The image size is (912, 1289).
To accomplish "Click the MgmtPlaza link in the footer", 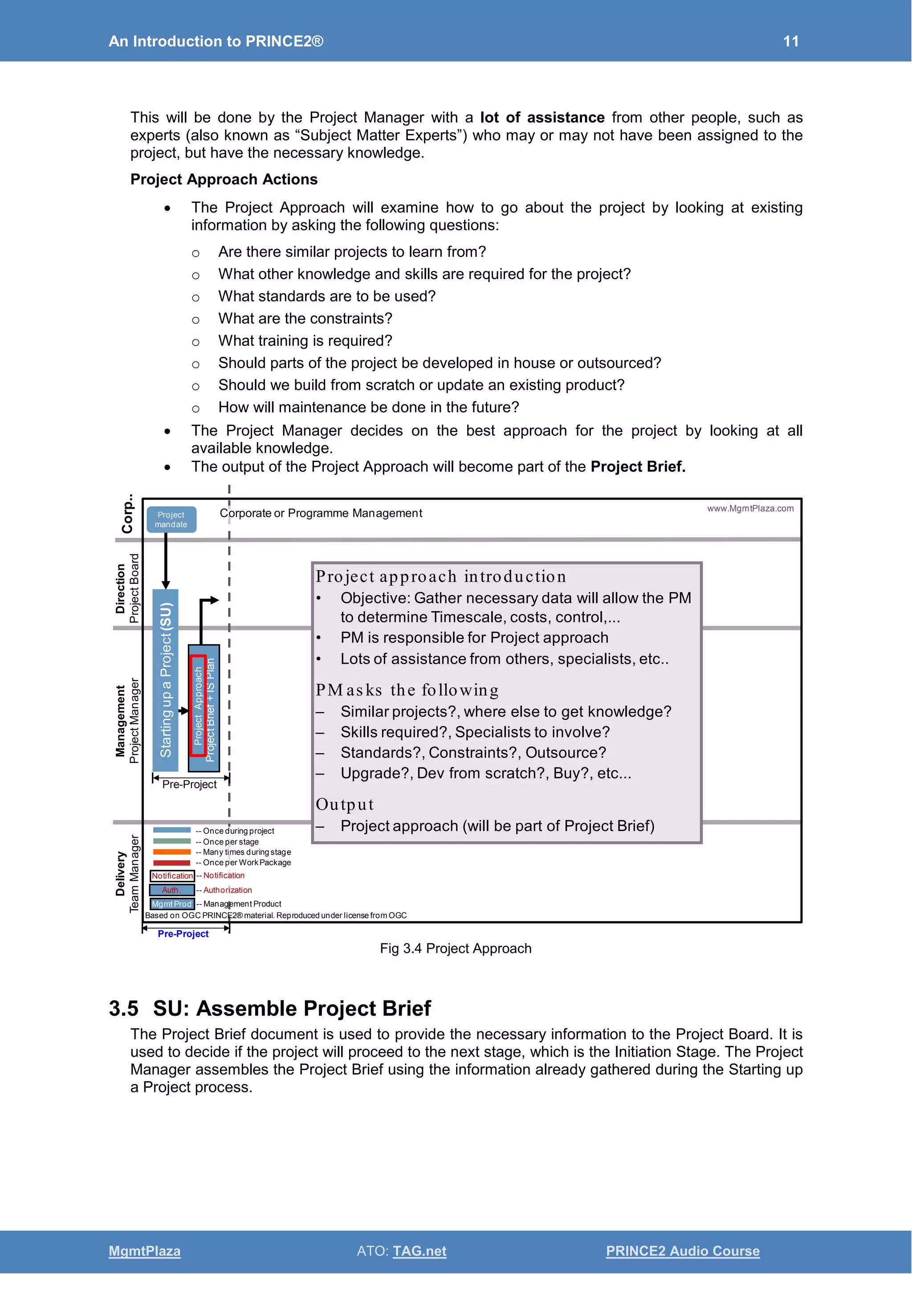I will click(144, 1251).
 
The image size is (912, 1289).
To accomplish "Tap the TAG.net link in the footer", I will click(419, 1251).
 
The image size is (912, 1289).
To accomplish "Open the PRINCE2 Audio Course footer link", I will click(682, 1251).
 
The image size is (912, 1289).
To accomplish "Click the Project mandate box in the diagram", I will click(171, 519).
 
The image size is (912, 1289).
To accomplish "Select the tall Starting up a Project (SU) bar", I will click(166, 680).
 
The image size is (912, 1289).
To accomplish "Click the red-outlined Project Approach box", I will click(198, 705).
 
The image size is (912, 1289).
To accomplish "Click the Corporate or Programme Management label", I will click(321, 513).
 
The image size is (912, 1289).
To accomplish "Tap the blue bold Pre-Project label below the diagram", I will click(183, 934).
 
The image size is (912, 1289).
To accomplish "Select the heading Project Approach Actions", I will click(224, 179).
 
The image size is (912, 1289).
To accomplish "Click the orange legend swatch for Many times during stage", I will click(172, 851).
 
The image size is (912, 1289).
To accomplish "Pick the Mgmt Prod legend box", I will click(172, 904).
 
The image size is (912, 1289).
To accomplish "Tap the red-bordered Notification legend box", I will click(172, 876).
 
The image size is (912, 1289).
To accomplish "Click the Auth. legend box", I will click(172, 890).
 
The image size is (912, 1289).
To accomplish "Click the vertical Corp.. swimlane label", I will click(127, 514).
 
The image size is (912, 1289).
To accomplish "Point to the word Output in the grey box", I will click(344, 804).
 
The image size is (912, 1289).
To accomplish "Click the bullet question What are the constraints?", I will click(305, 318).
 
